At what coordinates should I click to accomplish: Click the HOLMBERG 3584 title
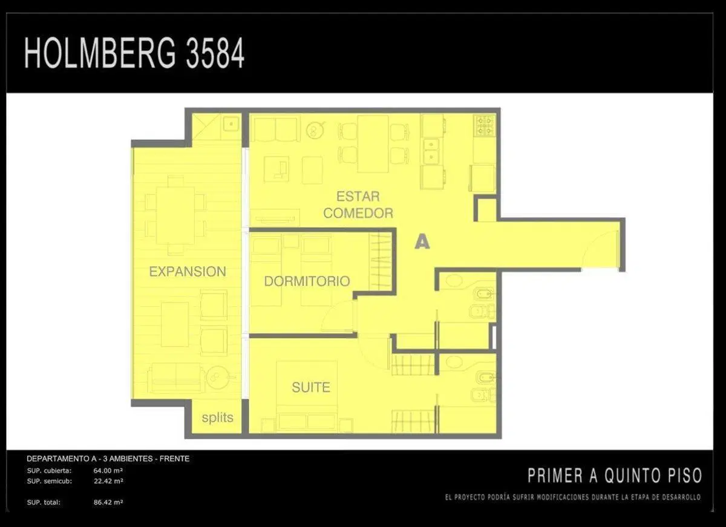[x=134, y=53]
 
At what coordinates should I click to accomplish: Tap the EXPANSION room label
[x=188, y=272]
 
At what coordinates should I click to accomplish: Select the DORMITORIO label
[x=307, y=281]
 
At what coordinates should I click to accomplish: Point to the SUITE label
[x=311, y=387]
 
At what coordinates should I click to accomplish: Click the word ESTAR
[x=358, y=197]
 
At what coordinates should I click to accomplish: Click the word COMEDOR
[x=358, y=213]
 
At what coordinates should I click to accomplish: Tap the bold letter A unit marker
[x=422, y=242]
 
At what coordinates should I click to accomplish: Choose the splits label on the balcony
[x=217, y=417]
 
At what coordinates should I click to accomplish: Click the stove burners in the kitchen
[x=485, y=125]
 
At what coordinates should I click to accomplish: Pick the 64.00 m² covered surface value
[x=108, y=471]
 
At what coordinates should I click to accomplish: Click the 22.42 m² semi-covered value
[x=108, y=481]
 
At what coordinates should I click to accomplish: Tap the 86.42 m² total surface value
[x=108, y=502]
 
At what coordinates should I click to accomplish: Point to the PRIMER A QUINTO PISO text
[x=615, y=476]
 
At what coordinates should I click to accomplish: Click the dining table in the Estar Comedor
[x=373, y=143]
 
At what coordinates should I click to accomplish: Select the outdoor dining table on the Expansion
[x=175, y=215]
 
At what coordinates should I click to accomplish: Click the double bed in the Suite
[x=307, y=396]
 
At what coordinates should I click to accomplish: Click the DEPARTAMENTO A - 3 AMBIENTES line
[x=108, y=459]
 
